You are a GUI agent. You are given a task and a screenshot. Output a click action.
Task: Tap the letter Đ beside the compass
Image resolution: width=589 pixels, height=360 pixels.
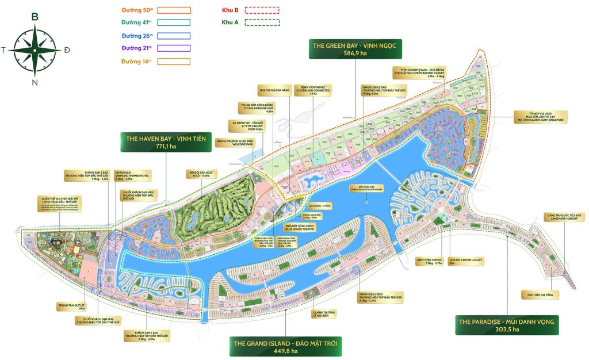coord(67,50)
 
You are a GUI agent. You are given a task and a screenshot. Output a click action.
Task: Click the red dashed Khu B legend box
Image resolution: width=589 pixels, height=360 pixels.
coord(262,10)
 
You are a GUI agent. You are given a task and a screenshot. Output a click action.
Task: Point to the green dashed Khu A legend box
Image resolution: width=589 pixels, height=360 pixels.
coord(262,22)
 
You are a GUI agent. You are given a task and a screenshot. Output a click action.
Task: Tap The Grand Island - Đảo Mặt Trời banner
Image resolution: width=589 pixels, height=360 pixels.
coord(285,348)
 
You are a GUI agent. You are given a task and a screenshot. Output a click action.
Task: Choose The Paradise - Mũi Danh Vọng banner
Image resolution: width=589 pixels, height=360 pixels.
coord(506,325)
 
